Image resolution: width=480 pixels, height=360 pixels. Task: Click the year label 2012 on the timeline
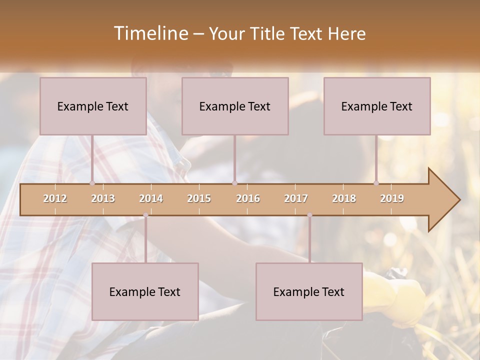pyautogui.click(x=55, y=198)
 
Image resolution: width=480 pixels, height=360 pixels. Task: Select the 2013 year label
pyautogui.click(x=103, y=198)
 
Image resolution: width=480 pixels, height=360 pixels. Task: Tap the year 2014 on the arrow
pyautogui.click(x=151, y=198)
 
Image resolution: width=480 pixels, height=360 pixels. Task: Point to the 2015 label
pyautogui.click(x=199, y=198)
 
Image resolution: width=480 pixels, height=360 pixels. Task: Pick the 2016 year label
pyautogui.click(x=248, y=198)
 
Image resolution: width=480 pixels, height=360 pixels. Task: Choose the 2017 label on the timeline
pyautogui.click(x=296, y=198)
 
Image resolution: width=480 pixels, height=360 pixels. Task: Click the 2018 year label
pyautogui.click(x=344, y=198)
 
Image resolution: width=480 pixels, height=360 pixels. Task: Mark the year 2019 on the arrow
pyautogui.click(x=392, y=198)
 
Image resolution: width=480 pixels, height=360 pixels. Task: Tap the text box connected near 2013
pyautogui.click(x=93, y=106)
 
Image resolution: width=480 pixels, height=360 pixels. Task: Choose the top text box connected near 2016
pyautogui.click(x=235, y=106)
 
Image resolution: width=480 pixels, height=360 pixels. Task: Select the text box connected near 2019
pyautogui.click(x=377, y=106)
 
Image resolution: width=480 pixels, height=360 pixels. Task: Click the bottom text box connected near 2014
pyautogui.click(x=145, y=291)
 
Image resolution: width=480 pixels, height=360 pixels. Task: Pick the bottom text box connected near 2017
pyautogui.click(x=309, y=291)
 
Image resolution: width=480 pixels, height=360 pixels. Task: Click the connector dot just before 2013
pyautogui.click(x=92, y=183)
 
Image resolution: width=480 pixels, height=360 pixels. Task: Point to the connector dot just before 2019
pyautogui.click(x=376, y=183)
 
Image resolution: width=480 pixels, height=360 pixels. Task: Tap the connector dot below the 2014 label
pyautogui.click(x=145, y=215)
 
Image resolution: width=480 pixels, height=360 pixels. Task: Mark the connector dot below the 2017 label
pyautogui.click(x=309, y=215)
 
